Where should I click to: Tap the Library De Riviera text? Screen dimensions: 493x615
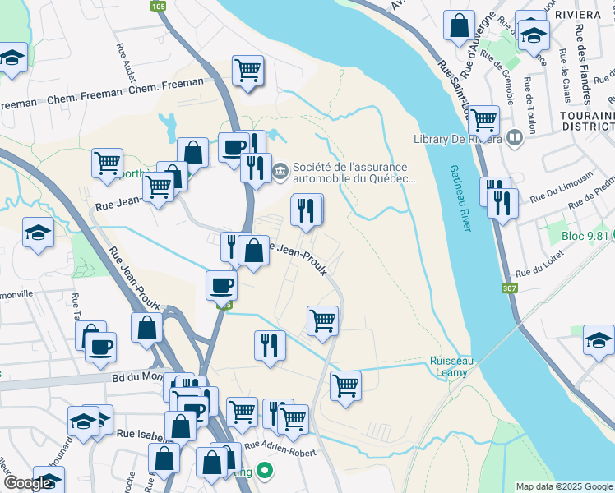[457, 138]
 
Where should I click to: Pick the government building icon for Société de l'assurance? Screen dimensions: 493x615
[280, 171]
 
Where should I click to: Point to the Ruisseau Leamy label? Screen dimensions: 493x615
[449, 366]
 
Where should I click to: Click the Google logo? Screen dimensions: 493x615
[28, 484]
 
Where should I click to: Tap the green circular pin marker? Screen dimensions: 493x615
[265, 472]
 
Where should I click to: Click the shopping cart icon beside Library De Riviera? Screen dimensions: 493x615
[483, 120]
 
